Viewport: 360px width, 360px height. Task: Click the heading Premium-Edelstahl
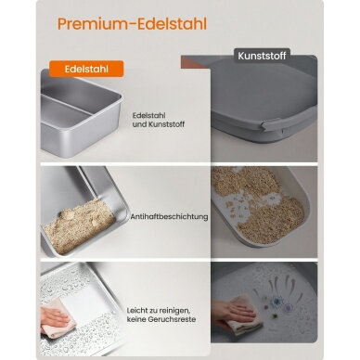click(132, 24)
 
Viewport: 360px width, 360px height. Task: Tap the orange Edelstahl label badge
click(86, 69)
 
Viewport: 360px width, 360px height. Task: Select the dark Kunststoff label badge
click(262, 56)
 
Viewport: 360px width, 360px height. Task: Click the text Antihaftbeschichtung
click(169, 216)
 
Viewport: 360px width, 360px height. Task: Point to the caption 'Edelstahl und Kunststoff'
click(159, 120)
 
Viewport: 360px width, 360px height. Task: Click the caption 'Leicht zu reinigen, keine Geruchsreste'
click(161, 315)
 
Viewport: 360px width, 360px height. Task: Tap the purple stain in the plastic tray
click(289, 307)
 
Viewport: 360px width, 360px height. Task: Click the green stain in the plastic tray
click(275, 315)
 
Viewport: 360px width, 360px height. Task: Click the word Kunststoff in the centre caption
click(167, 124)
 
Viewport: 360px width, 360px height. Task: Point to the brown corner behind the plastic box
click(196, 63)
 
